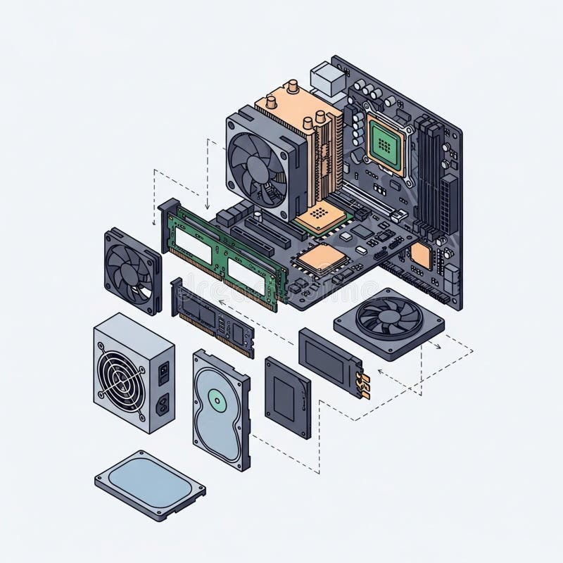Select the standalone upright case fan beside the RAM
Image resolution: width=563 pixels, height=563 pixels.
[x=132, y=271]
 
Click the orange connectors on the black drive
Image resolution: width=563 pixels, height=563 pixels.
[x=363, y=384]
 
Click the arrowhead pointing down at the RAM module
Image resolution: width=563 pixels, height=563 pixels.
[x=208, y=206]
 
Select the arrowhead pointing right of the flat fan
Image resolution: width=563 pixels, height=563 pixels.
[x=438, y=346]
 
